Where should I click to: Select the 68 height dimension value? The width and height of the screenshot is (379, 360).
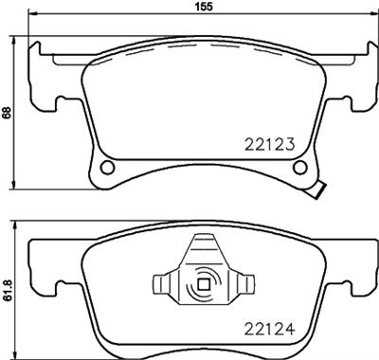(7, 112)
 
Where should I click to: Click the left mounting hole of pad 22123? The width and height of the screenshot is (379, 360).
(106, 168)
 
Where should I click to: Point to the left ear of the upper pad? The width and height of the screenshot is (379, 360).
(42, 76)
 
